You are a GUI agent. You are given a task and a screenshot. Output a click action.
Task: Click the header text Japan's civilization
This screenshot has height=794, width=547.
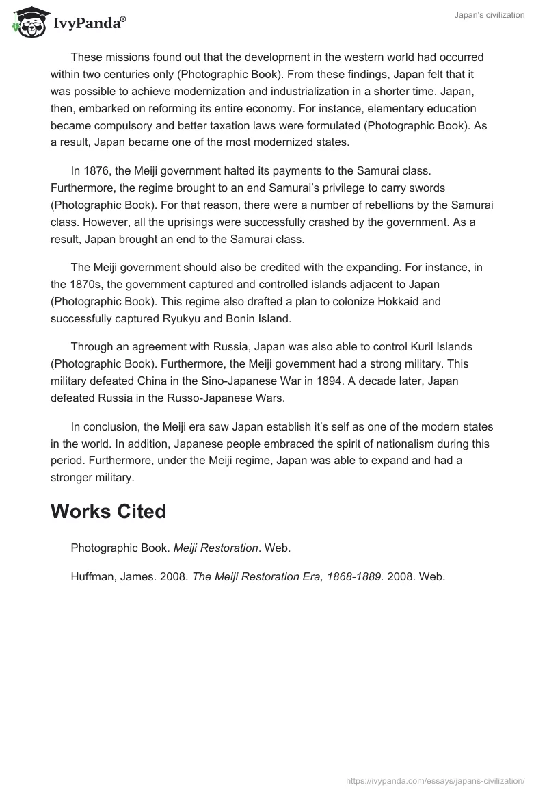tap(490, 15)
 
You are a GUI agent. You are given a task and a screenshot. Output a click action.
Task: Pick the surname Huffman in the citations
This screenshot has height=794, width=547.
tap(93, 576)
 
